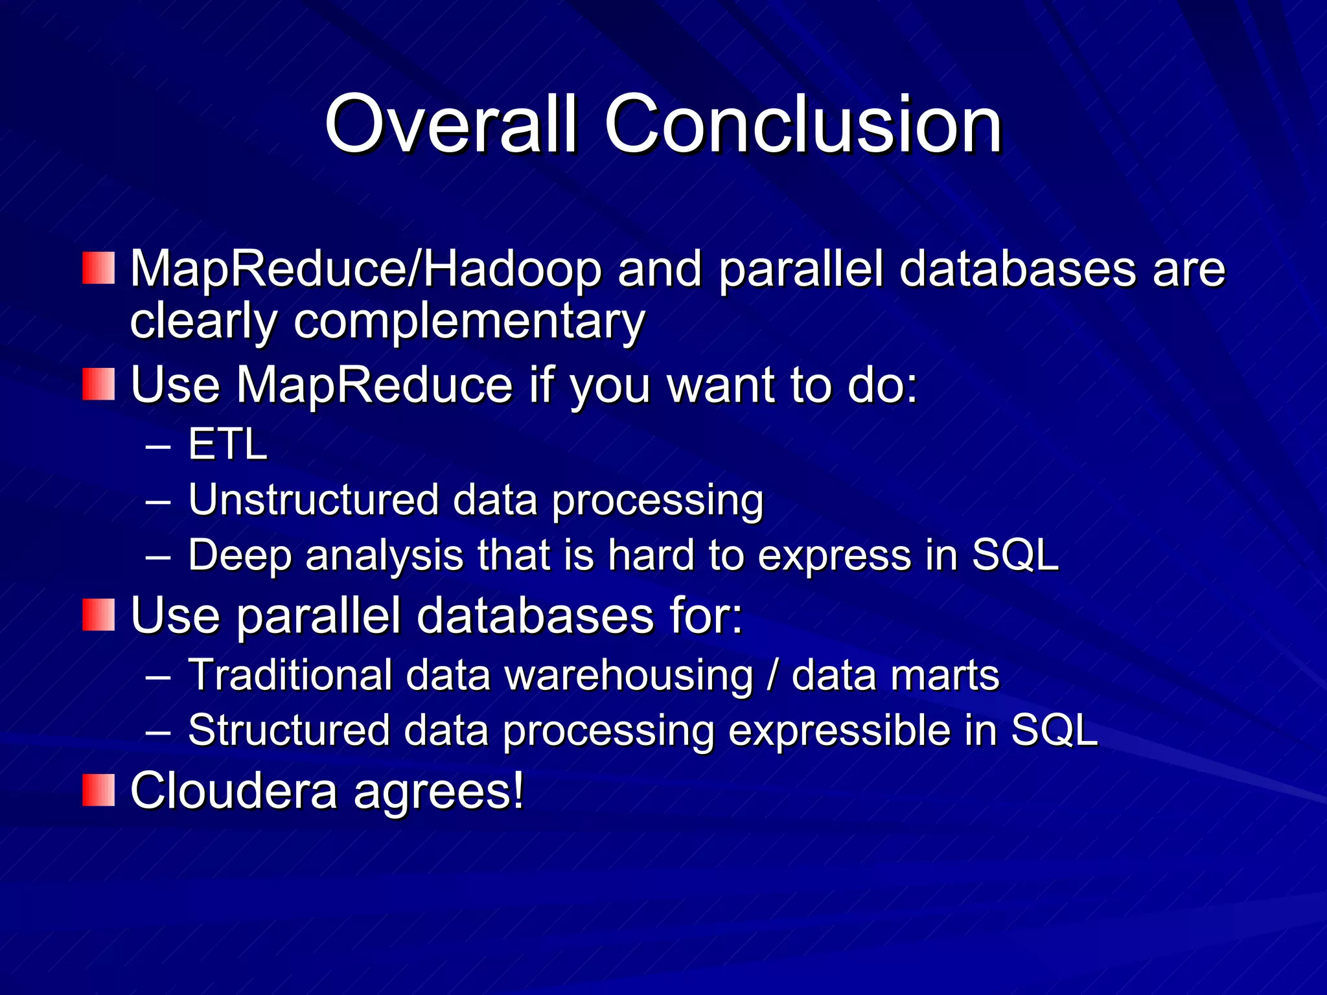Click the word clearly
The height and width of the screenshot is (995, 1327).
point(203,322)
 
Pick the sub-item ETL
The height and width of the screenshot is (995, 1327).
point(227,444)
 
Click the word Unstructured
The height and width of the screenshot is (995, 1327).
point(314,500)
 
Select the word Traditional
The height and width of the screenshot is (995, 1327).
point(289,675)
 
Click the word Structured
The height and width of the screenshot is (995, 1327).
point(288,731)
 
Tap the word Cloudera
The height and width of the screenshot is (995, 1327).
point(233,790)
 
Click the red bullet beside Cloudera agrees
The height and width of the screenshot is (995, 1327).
point(98,790)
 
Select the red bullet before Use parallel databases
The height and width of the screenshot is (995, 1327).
point(98,615)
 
